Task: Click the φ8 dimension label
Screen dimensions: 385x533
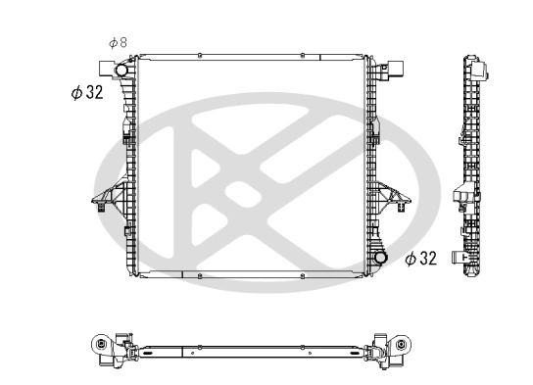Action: click(x=118, y=42)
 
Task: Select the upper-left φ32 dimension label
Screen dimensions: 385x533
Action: click(x=87, y=93)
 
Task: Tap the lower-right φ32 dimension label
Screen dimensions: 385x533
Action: click(x=420, y=259)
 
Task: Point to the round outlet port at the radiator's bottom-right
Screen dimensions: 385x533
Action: click(x=378, y=260)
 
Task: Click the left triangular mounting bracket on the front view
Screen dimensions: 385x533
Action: click(x=103, y=199)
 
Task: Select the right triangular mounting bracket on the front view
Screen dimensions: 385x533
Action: click(x=394, y=199)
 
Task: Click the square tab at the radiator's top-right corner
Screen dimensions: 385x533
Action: click(x=390, y=68)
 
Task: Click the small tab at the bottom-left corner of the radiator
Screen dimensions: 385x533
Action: click(x=128, y=265)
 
